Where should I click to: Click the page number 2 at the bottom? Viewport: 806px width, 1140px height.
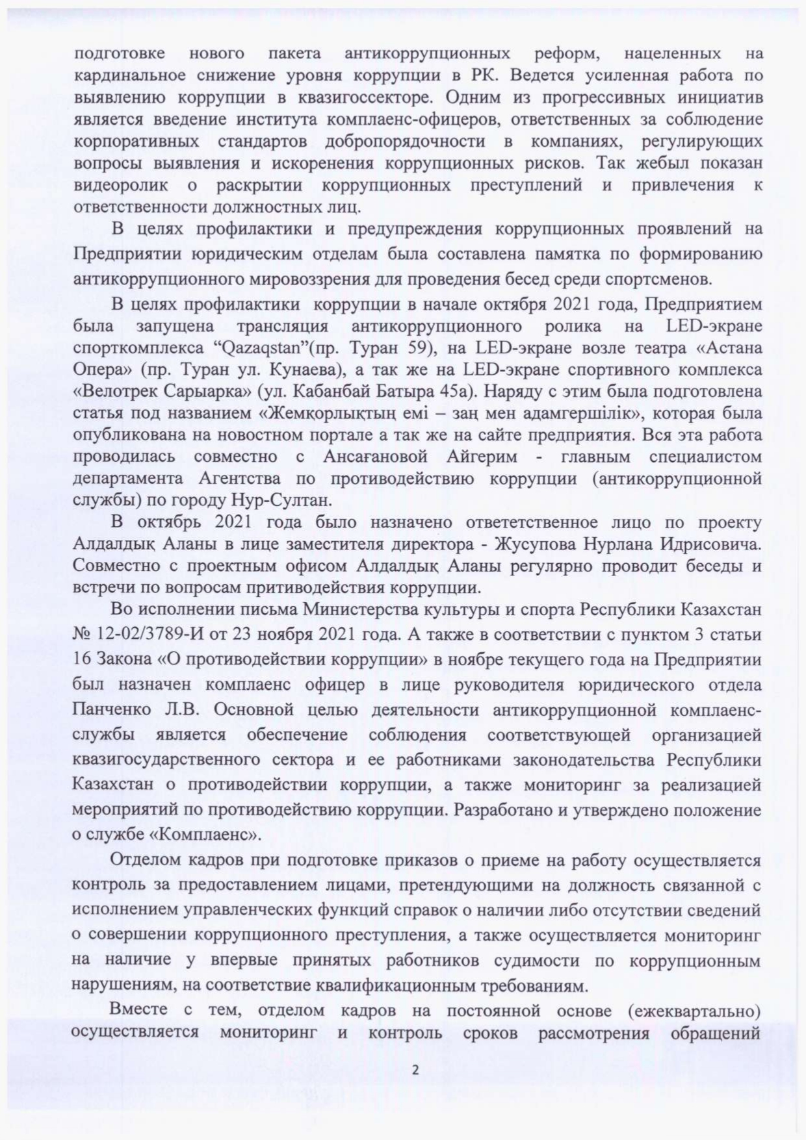pyautogui.click(x=416, y=1070)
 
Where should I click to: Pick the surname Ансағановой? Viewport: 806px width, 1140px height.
pyautogui.click(x=374, y=457)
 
